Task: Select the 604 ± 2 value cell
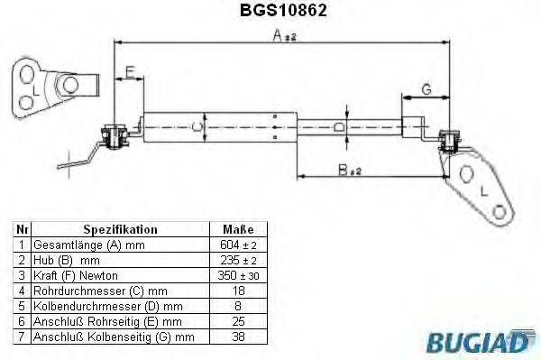pyautogui.click(x=237, y=245)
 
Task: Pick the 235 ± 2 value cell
pyautogui.click(x=237, y=260)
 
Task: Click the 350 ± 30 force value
pyautogui.click(x=237, y=274)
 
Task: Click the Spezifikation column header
pyautogui.click(x=120, y=229)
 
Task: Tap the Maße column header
pyautogui.click(x=237, y=229)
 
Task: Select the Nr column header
pyautogui.click(x=23, y=229)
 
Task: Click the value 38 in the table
pyautogui.click(x=237, y=337)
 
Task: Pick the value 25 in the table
pyautogui.click(x=237, y=321)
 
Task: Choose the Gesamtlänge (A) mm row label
pyautogui.click(x=88, y=245)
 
